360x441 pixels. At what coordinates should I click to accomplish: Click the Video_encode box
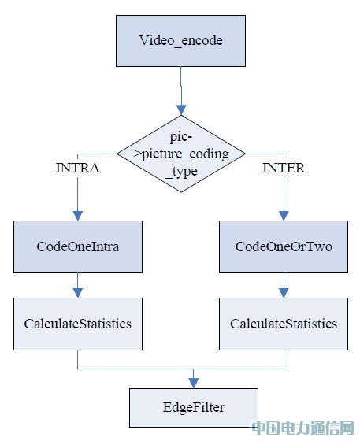(x=180, y=41)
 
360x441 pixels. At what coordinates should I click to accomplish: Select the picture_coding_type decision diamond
(x=181, y=154)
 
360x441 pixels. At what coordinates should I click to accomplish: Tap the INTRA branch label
(x=78, y=169)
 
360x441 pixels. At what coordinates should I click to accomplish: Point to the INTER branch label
(x=284, y=169)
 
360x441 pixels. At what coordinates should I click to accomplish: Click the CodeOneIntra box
(x=78, y=246)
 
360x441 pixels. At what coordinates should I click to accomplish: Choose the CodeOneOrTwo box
(x=284, y=246)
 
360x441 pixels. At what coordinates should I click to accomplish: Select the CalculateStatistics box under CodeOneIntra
(x=78, y=324)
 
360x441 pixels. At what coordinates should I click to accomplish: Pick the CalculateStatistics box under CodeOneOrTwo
(x=284, y=324)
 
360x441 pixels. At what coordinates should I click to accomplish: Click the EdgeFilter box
(x=194, y=408)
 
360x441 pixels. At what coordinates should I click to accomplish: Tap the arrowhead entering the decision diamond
(x=181, y=110)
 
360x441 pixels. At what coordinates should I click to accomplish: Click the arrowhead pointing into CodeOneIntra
(x=78, y=216)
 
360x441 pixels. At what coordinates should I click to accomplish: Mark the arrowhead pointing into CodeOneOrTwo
(x=284, y=216)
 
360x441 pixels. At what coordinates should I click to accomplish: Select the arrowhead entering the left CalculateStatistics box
(x=78, y=293)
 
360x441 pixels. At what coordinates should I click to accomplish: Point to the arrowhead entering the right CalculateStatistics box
(x=284, y=293)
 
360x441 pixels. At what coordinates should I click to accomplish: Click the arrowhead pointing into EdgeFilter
(x=194, y=384)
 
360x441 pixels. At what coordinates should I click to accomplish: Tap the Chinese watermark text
(x=302, y=428)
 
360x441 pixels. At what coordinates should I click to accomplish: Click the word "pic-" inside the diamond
(x=181, y=137)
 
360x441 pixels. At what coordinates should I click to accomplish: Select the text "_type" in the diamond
(x=181, y=172)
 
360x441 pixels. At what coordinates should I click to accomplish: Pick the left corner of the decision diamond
(x=117, y=154)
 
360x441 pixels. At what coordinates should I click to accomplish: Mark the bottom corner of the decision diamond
(x=181, y=192)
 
